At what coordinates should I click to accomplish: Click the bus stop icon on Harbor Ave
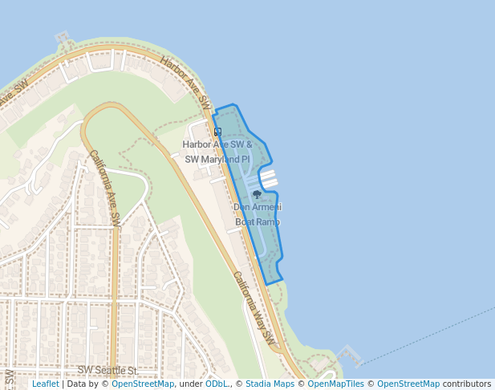click(217, 132)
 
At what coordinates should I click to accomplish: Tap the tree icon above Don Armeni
click(257, 194)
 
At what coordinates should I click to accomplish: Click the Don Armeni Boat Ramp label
click(258, 214)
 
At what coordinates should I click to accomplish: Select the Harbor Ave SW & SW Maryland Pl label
click(217, 152)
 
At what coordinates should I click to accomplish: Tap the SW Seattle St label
click(108, 370)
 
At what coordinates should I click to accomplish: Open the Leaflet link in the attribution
click(46, 384)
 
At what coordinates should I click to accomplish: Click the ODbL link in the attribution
click(217, 384)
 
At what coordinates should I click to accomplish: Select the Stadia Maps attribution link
click(270, 384)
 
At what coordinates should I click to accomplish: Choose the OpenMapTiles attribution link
click(335, 384)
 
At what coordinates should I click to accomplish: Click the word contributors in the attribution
click(467, 384)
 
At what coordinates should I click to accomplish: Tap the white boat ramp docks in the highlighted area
click(267, 177)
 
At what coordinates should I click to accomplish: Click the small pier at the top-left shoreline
click(62, 38)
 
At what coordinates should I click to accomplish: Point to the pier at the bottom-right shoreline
click(349, 354)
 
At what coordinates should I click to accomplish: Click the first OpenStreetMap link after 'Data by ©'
click(142, 384)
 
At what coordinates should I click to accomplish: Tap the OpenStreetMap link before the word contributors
click(408, 384)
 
